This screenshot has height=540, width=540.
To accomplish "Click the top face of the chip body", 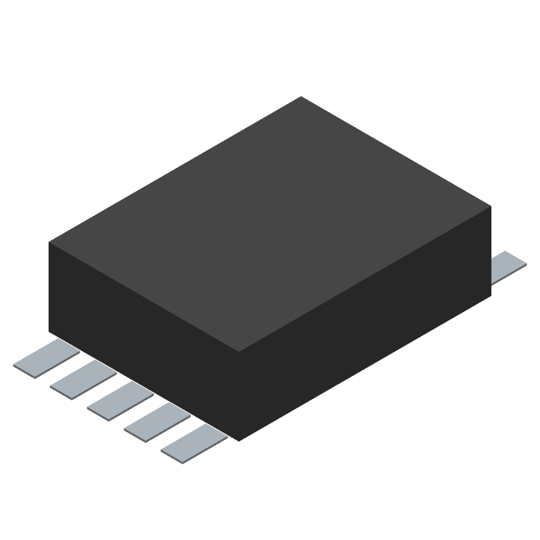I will pyautogui.click(x=270, y=223).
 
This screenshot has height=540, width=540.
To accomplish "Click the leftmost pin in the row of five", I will pyautogui.click(x=46, y=358).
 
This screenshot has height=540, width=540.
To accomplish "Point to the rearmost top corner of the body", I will pyautogui.click(x=301, y=97).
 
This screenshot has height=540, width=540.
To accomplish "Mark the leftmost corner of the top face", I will pyautogui.click(x=49, y=243).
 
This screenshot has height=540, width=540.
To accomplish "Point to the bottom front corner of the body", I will pyautogui.click(x=240, y=441).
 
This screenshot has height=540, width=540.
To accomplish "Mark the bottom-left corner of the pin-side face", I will pyautogui.click(x=49, y=332).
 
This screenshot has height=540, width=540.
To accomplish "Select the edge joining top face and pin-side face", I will pyautogui.click(x=144, y=298).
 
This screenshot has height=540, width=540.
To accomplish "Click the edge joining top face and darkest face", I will pyautogui.click(x=365, y=279).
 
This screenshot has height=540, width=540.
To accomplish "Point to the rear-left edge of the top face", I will pyautogui.click(x=175, y=169).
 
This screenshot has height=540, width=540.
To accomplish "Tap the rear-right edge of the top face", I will pyautogui.click(x=396, y=151).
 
